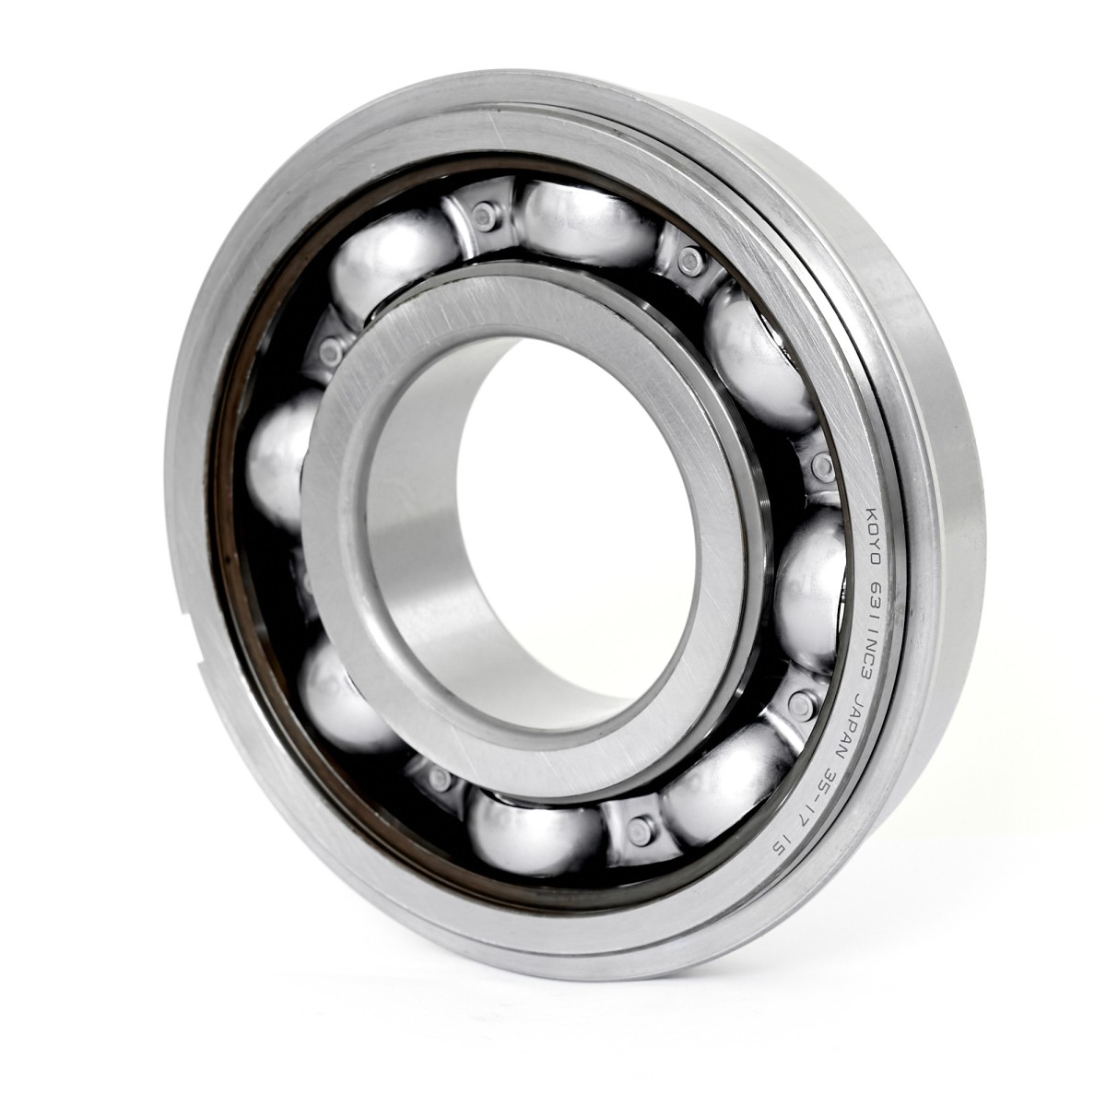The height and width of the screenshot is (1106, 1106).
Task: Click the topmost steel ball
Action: tap(587, 224)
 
